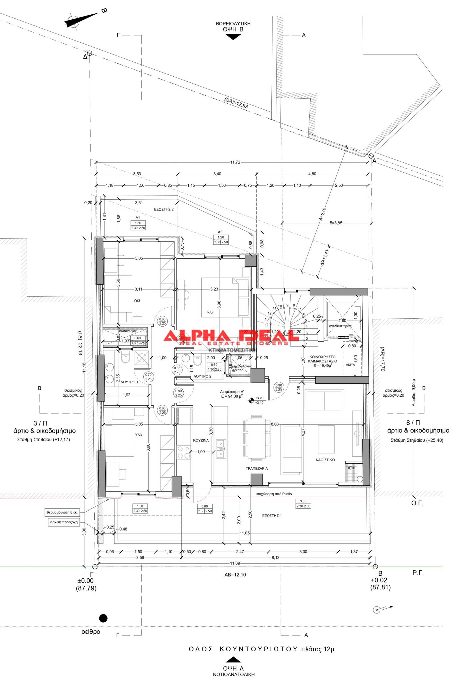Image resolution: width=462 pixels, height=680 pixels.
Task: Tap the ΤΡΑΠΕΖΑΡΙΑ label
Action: (x=257, y=468)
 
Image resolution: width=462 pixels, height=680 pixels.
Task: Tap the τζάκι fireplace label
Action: (x=352, y=467)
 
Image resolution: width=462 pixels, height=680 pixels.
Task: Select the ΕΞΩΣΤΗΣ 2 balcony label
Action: (x=164, y=209)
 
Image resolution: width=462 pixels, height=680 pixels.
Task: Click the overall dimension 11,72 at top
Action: (x=235, y=162)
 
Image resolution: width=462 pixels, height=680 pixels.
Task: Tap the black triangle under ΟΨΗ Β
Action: (x=233, y=37)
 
